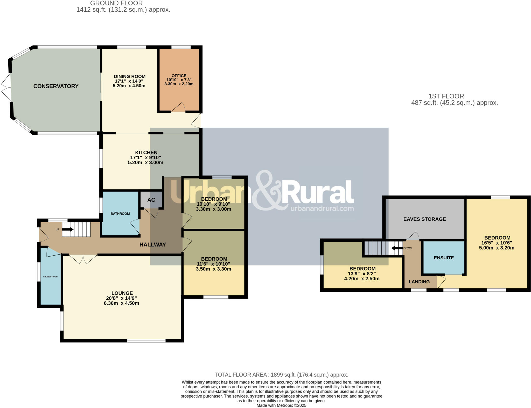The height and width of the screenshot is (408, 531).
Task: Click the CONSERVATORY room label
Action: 56,86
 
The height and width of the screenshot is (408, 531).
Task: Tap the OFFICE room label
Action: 179,76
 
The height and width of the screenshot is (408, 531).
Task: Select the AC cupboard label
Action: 151,200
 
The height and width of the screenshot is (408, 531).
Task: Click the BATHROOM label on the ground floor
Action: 120,214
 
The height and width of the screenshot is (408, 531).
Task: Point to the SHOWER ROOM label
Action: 50,277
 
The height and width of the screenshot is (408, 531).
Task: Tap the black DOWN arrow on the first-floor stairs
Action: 397,248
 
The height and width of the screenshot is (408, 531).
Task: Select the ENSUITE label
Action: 444,258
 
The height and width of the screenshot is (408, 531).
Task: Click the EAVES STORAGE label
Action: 424,219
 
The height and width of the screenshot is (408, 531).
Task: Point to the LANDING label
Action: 419,282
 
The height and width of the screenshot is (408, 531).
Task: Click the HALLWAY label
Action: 152,245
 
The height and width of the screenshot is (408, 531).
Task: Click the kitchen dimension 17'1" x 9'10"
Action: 145,158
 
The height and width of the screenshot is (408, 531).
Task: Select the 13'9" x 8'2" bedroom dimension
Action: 362,274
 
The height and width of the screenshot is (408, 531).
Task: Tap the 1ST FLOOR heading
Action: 446,96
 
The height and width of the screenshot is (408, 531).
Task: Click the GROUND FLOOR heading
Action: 116,3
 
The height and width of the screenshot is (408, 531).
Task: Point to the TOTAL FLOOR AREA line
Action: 281,375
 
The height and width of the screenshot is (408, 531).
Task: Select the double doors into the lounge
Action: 83,259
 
